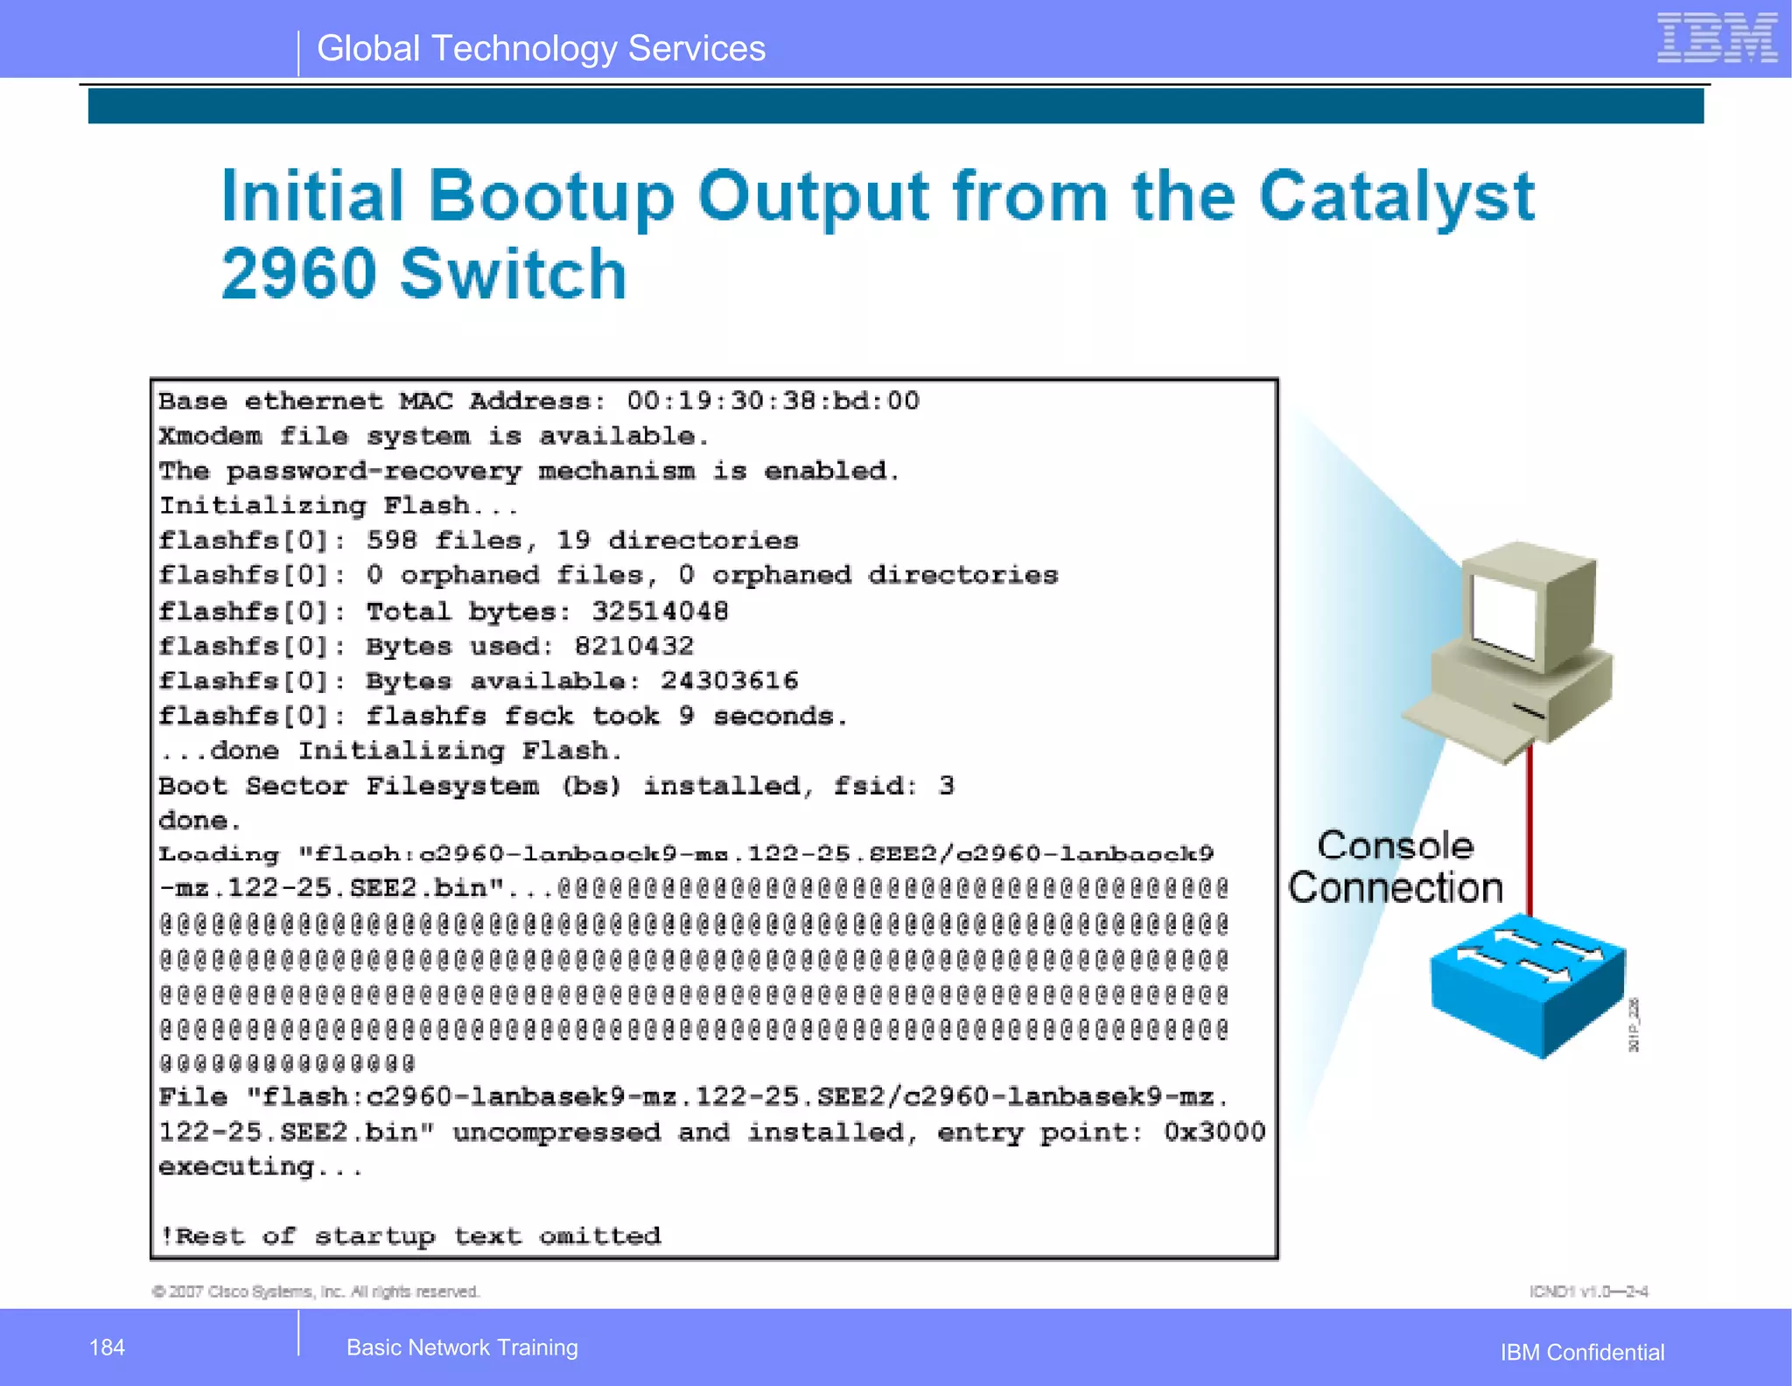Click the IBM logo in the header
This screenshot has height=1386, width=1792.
point(1717,38)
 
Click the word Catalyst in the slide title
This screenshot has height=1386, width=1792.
point(1396,198)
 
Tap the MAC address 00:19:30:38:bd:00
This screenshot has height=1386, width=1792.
point(773,402)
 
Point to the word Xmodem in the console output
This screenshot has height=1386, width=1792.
point(210,437)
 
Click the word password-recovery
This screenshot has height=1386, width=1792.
point(374,472)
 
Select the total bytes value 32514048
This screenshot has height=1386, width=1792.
point(660,612)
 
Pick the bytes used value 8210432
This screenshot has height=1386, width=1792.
point(633,647)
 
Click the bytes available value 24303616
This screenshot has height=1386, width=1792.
point(729,682)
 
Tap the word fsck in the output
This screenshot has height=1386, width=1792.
point(538,717)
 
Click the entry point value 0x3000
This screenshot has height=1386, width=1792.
point(1214,1132)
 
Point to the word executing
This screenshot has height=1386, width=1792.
point(236,1167)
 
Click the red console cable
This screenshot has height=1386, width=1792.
point(1529,831)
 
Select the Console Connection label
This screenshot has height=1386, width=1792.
point(1396,867)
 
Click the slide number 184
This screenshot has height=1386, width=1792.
point(107,1347)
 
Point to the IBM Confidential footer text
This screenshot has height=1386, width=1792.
point(1582,1353)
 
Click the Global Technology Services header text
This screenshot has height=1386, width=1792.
point(541,49)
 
